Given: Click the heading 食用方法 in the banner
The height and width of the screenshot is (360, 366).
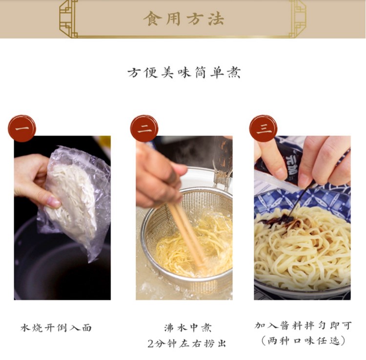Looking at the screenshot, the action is click(183, 19).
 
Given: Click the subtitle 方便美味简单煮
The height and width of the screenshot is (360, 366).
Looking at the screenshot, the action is click(184, 73).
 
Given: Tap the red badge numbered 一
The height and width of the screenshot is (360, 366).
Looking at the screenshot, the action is click(22, 128).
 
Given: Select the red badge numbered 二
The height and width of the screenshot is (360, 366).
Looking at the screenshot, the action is click(144, 128).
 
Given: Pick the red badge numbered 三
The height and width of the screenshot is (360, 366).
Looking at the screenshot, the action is click(264, 128).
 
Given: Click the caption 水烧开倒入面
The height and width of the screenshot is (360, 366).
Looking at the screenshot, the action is click(56, 328).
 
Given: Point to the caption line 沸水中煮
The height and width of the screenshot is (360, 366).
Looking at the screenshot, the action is click(188, 328).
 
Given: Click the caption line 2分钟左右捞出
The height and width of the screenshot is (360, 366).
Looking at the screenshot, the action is click(187, 343).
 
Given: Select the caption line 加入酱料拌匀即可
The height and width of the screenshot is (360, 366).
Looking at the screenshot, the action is click(303, 325).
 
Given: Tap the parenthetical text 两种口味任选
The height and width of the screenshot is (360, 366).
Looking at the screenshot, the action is click(303, 341).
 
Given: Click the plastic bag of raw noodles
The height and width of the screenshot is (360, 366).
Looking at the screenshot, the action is click(75, 201).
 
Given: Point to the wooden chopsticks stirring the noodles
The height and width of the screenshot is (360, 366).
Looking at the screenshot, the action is click(187, 236).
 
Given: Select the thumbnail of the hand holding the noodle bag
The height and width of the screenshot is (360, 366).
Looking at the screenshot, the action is click(62, 218).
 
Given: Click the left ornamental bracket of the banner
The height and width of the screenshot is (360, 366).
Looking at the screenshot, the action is click(68, 19).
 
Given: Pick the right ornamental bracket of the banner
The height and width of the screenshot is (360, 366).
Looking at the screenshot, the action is click(298, 19).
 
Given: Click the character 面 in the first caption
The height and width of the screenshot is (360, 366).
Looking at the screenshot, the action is click(86, 328).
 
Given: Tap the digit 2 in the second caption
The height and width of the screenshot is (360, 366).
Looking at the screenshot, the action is click(151, 344).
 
